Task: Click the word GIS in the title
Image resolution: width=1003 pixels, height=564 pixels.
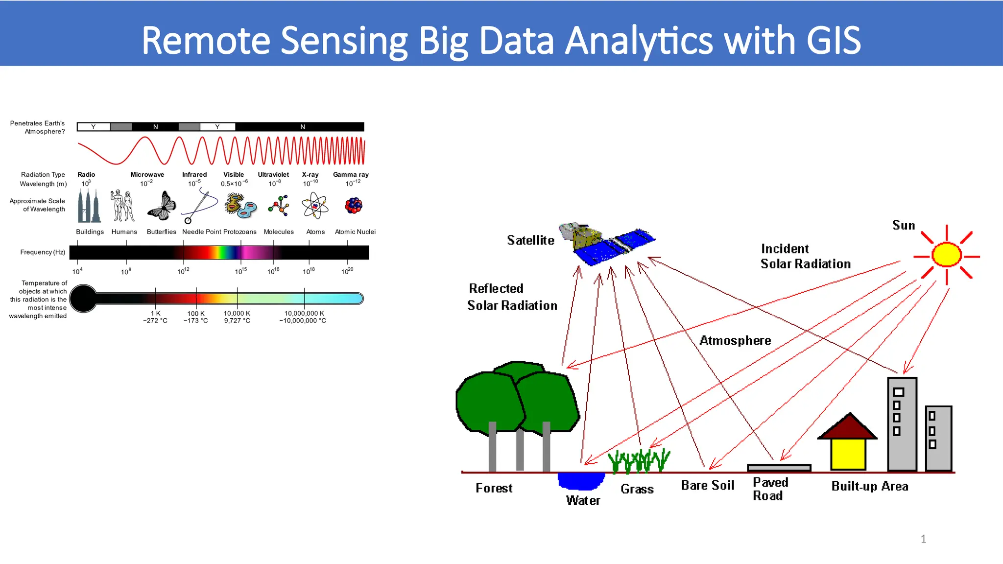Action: click(x=833, y=40)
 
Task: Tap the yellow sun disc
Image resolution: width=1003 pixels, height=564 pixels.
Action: click(x=946, y=255)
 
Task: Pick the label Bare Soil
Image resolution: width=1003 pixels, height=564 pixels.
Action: click(x=707, y=485)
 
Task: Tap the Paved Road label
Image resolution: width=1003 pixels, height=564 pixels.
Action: click(x=769, y=489)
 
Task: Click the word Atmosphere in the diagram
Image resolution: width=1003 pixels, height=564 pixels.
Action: click(x=735, y=340)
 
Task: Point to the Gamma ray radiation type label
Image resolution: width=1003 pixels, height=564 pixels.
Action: click(x=351, y=174)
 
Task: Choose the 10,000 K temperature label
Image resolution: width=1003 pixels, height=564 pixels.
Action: click(x=237, y=313)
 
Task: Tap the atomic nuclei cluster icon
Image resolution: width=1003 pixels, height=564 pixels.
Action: click(x=353, y=206)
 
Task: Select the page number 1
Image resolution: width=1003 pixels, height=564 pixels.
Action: click(x=923, y=539)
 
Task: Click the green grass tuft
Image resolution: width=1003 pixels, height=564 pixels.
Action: click(x=639, y=461)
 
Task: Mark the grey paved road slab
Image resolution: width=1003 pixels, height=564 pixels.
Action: click(x=779, y=468)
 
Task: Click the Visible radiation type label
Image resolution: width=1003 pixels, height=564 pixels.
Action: click(x=234, y=174)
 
